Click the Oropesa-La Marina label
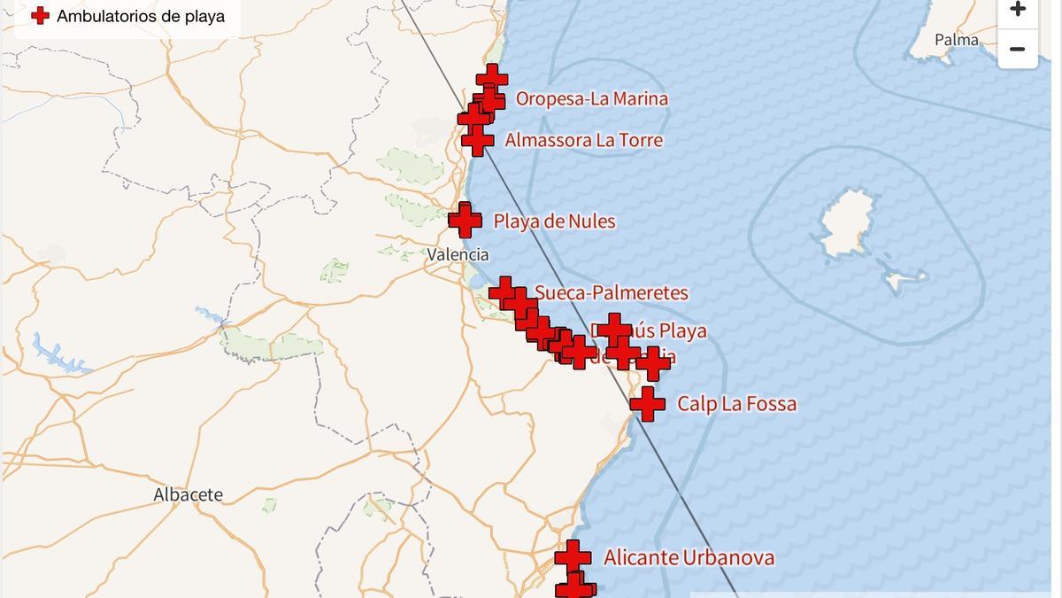point(591,98)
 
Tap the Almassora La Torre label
point(583,140)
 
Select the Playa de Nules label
point(554,221)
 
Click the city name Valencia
point(458,254)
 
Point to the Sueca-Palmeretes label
point(611,292)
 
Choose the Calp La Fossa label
point(736,404)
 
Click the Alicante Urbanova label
point(689,557)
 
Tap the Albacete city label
point(189,494)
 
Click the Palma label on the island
point(957,40)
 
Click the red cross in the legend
point(40,15)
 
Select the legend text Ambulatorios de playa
point(141,16)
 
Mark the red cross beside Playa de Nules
point(466,221)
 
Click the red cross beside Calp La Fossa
point(648,404)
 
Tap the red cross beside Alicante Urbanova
point(573,557)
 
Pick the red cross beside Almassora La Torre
point(478,140)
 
